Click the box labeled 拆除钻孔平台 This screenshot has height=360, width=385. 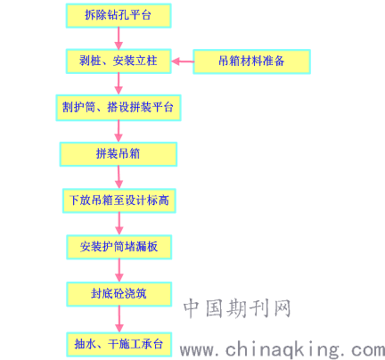pos(119,15)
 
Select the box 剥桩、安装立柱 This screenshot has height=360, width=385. pos(119,61)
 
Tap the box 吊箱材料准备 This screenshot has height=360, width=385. pos(251,61)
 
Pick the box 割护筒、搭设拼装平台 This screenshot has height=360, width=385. pos(119,108)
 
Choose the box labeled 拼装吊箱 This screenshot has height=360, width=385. pos(119,154)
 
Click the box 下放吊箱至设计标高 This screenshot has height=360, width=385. pos(119,200)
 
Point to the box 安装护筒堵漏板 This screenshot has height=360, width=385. pos(119,247)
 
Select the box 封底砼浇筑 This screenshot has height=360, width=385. pos(119,294)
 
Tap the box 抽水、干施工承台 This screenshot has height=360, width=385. pos(119,344)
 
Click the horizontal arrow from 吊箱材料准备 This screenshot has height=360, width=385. pos(183,61)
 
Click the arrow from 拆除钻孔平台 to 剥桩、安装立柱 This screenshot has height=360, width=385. pos(119,38)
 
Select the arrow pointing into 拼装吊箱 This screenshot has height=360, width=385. pos(119,131)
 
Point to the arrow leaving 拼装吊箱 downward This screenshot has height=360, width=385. pos(119,177)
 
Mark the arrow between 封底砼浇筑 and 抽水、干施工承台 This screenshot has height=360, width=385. pos(119,319)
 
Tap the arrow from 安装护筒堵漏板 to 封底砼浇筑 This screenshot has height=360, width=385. pos(119,270)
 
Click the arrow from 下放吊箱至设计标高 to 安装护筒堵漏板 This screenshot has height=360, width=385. pos(119,224)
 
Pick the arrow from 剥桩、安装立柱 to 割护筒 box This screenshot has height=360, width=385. pos(119,85)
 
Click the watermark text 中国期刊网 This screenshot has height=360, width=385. pos(237,308)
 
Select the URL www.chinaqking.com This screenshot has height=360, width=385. pos(283,349)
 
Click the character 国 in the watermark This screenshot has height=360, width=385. pos(214,308)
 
